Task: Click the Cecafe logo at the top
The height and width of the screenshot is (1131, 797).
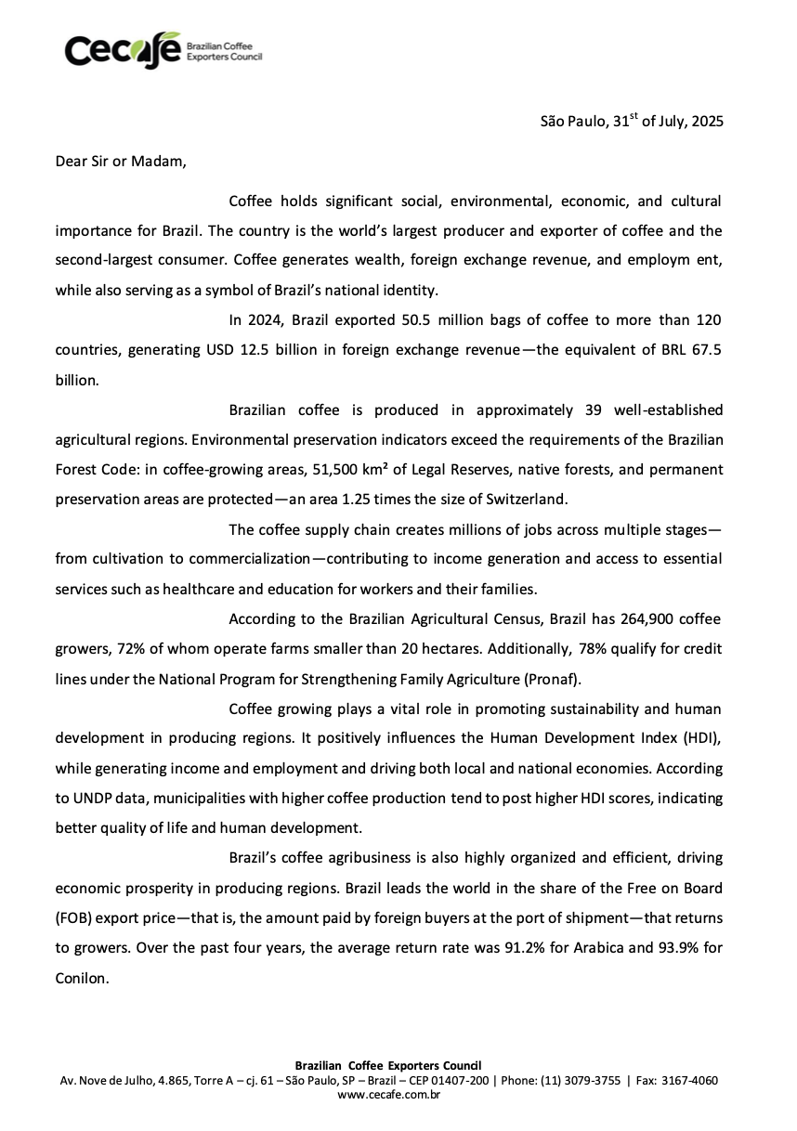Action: tap(163, 50)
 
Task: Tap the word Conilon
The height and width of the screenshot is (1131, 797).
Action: tap(83, 978)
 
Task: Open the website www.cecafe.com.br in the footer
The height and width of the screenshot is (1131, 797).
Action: tap(388, 1095)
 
